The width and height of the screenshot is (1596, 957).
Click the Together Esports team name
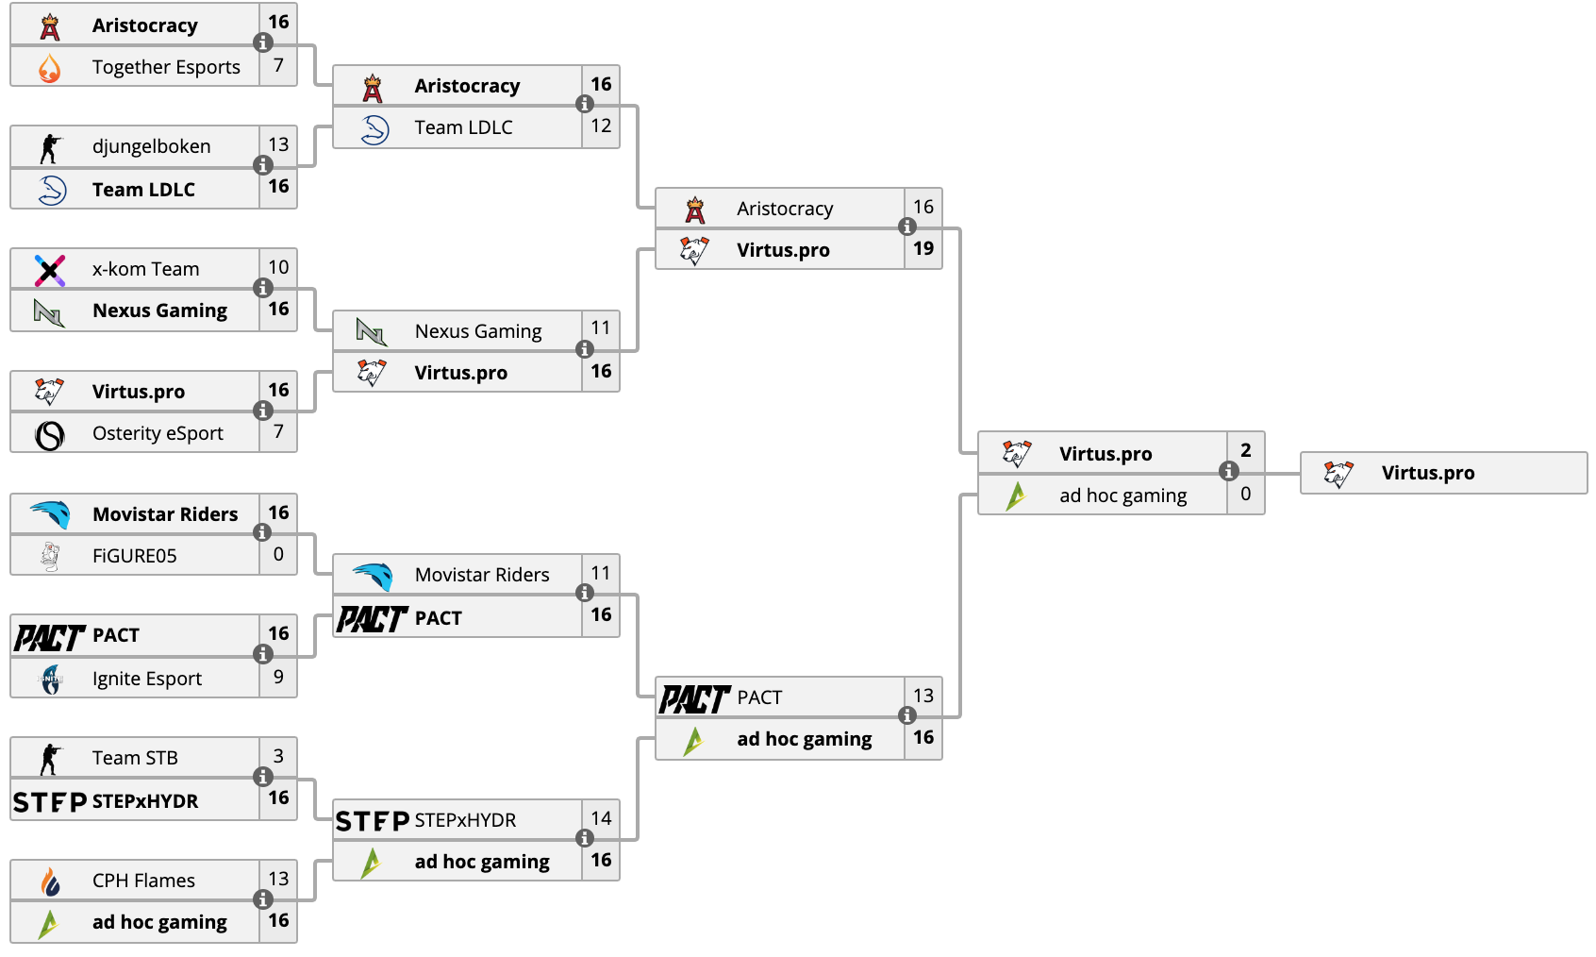coord(166,67)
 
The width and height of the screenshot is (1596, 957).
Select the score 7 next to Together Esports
coord(278,66)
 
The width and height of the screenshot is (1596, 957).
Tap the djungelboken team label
coord(151,147)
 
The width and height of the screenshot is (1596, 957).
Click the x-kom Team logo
coord(50,270)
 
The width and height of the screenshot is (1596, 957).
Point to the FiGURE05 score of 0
coord(278,554)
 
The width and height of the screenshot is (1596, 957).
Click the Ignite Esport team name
coord(147,679)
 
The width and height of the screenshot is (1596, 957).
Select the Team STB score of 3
coord(278,756)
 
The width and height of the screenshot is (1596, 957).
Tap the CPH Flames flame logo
coord(50,882)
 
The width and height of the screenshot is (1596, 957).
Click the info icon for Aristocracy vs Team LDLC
coord(585,104)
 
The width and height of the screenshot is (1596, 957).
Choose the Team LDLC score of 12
coord(601,126)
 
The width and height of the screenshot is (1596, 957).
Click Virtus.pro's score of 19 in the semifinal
coord(923,249)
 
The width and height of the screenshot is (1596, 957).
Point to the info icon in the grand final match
coord(1228,471)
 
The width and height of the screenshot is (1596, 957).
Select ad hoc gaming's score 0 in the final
coord(1245,495)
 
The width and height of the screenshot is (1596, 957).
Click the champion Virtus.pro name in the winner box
coord(1428,473)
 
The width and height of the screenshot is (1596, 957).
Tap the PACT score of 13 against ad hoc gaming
coord(923,696)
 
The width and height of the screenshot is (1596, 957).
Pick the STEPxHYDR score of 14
coord(601,818)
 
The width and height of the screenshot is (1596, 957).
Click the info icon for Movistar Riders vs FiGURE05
coord(263,532)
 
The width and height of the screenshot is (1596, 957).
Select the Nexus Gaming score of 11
coord(601,328)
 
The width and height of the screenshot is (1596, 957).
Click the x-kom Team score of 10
coord(278,267)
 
